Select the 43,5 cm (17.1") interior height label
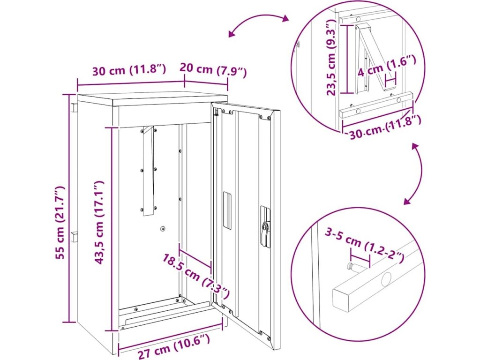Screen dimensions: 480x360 99,223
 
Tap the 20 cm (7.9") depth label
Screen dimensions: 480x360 213,70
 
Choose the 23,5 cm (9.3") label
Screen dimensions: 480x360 331,57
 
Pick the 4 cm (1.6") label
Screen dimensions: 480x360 386,70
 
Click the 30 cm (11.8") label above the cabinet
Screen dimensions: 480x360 129,70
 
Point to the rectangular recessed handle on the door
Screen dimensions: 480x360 227,210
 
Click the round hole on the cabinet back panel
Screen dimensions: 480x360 163,229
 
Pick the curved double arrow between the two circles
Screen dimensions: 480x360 418,173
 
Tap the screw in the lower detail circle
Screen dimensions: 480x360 353,266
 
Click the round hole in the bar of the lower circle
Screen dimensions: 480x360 386,279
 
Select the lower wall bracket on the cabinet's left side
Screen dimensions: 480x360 75,237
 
